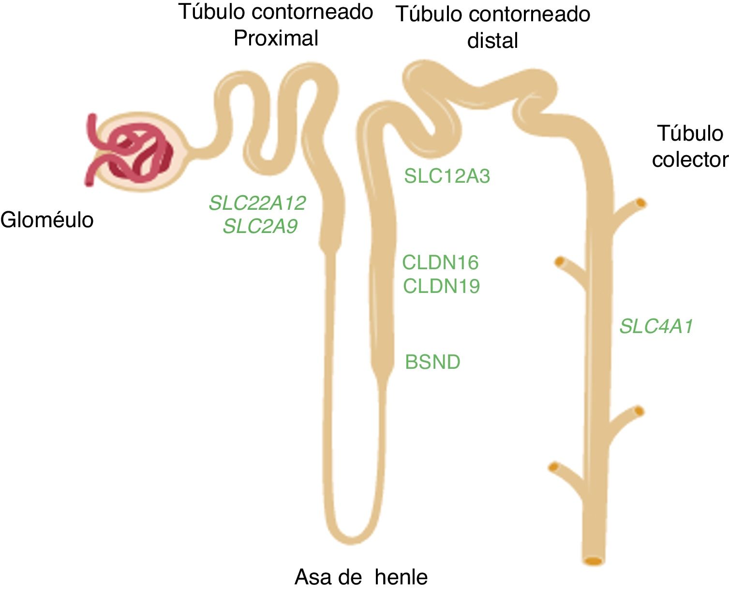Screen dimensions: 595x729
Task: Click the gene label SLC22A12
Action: point(257,203)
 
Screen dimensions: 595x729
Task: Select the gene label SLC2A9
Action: point(260,226)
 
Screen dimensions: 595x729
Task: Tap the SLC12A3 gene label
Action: point(447,176)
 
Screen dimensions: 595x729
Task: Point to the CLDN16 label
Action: point(440,262)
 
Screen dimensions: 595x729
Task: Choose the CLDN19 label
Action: point(441,286)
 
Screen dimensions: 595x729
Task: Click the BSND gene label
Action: point(432,362)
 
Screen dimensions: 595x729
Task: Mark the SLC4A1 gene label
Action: point(656,327)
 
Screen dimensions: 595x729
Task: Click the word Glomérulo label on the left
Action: point(47,220)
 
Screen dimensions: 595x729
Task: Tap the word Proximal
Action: point(276,38)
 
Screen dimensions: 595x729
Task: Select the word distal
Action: point(492,41)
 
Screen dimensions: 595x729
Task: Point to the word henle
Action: point(401,577)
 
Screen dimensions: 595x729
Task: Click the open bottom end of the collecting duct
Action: point(593,561)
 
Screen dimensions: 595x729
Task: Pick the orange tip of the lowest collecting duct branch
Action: point(553,467)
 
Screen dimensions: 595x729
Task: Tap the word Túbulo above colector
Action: point(690,133)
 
